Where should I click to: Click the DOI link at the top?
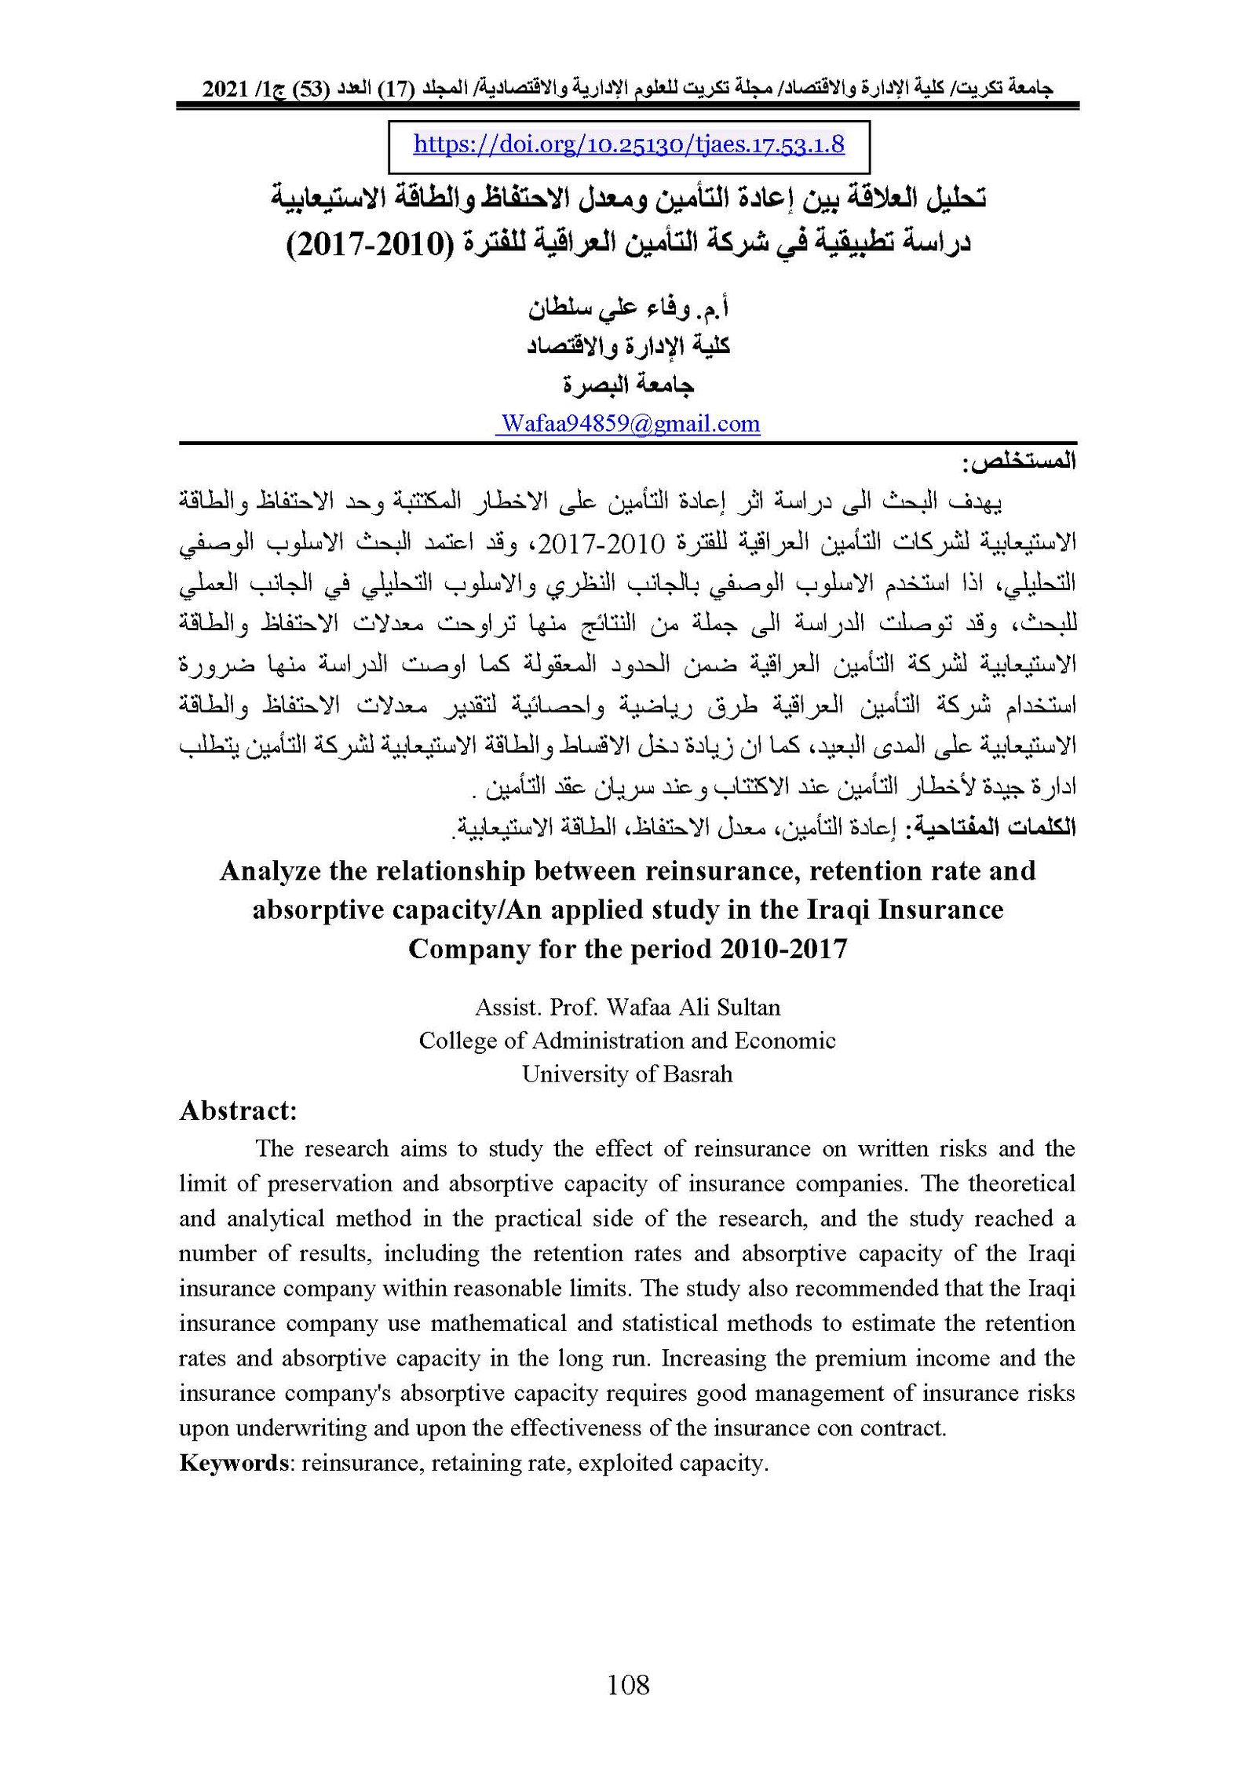[628, 144]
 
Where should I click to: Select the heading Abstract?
[238, 1111]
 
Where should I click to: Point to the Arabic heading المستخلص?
[1019, 462]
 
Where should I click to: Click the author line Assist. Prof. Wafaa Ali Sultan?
[627, 1007]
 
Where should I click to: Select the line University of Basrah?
[627, 1074]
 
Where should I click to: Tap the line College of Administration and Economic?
[627, 1041]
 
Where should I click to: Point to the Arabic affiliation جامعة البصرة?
[628, 385]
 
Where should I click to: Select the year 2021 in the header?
[225, 89]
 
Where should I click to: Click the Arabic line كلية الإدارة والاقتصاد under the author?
[628, 346]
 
